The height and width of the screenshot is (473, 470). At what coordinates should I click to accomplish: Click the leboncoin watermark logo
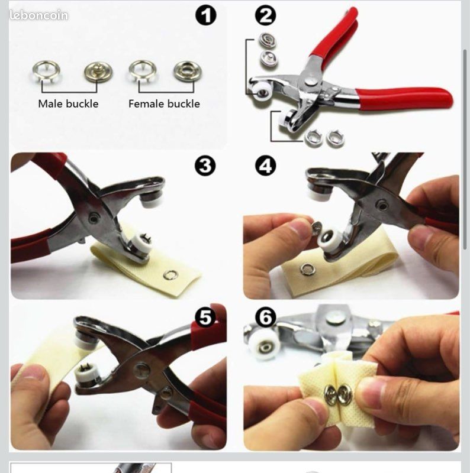pyautogui.click(x=38, y=15)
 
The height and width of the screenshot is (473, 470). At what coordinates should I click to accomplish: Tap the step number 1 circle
pyautogui.click(x=206, y=15)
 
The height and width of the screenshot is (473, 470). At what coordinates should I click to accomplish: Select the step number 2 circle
pyautogui.click(x=266, y=15)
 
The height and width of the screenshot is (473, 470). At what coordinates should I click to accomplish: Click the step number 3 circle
pyautogui.click(x=205, y=166)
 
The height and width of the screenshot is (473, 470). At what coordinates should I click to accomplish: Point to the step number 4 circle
pyautogui.click(x=266, y=166)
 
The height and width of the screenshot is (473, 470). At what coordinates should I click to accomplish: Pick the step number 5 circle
pyautogui.click(x=205, y=317)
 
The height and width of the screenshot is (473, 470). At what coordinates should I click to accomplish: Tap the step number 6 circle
pyautogui.click(x=266, y=317)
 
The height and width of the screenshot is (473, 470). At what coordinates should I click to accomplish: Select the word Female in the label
pyautogui.click(x=147, y=104)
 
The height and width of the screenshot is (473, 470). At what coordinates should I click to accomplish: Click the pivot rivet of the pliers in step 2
pyautogui.click(x=311, y=80)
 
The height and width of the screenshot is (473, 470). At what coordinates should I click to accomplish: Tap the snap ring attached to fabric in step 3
pyautogui.click(x=170, y=274)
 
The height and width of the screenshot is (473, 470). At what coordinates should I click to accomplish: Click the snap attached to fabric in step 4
pyautogui.click(x=308, y=269)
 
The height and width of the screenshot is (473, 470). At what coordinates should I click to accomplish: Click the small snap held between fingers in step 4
pyautogui.click(x=316, y=228)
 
